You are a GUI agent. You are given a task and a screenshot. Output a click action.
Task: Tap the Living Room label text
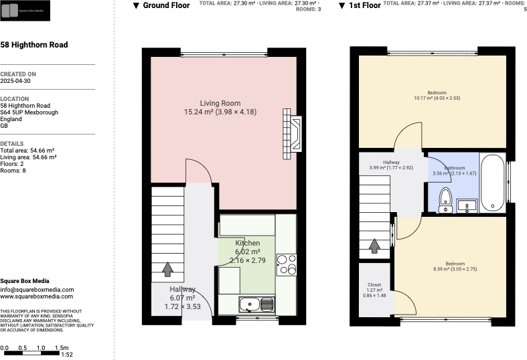pyautogui.click(x=220, y=103)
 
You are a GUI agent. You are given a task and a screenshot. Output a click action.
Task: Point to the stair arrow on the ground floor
pyautogui.click(x=167, y=269)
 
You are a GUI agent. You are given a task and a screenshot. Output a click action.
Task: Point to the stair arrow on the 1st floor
pyautogui.click(x=374, y=246)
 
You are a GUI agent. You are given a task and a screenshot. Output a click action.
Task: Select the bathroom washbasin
pyautogui.click(x=468, y=205)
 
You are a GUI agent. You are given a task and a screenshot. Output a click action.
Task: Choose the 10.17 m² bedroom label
pyautogui.click(x=437, y=92)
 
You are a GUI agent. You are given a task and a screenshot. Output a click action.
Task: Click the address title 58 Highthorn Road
pyautogui.click(x=33, y=46)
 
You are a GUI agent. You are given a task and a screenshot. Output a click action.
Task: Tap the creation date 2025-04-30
pyautogui.click(x=15, y=81)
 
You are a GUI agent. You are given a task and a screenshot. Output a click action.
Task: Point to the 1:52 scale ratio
pyautogui.click(x=67, y=355)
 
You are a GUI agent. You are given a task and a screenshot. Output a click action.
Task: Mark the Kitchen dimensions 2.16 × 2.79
pyautogui.click(x=248, y=260)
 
